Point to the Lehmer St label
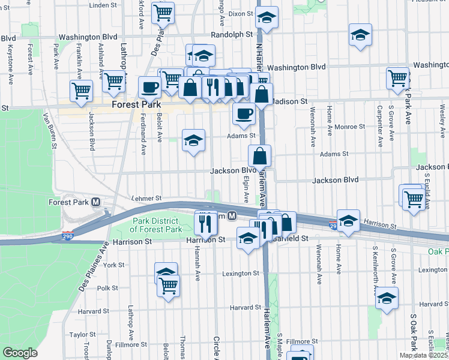146,198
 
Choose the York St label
113,264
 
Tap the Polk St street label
107,288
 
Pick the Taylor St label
83,335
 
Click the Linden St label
103,5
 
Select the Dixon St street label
241,13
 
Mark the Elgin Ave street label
246,188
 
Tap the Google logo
20,352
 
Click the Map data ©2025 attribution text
423,355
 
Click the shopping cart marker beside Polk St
168,285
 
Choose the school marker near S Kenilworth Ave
387,298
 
